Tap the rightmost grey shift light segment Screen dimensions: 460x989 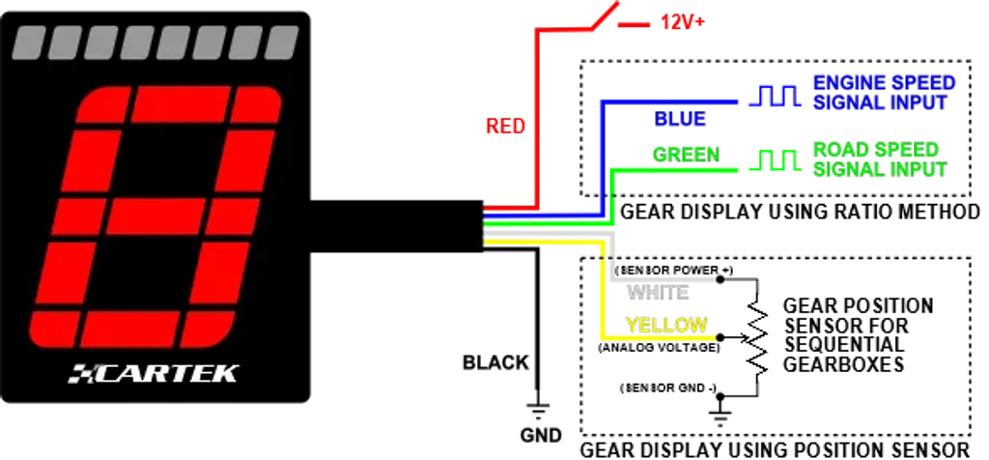tap(282, 43)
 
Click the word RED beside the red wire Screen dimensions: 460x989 tap(503, 127)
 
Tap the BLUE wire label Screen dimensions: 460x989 tap(680, 120)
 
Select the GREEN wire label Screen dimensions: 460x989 tap(686, 155)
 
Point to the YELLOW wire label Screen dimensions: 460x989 tap(666, 325)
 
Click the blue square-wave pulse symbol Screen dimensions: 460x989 tap(774, 96)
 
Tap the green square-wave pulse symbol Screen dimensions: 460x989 tap(774, 161)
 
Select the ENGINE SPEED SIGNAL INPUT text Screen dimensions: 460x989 tap(884, 92)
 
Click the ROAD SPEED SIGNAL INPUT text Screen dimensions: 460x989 tap(879, 158)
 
